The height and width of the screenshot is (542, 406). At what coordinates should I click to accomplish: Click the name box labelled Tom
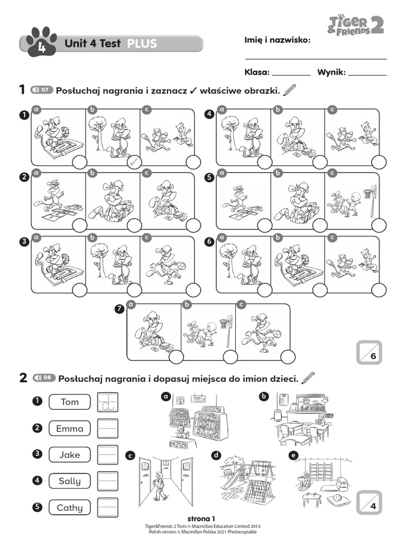69,402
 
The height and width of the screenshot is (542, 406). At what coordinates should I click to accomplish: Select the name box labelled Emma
69,429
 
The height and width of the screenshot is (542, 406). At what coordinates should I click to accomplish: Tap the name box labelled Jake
69,455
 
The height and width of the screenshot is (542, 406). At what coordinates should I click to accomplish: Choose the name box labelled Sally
69,481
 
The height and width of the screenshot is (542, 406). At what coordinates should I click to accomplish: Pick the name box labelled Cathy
69,508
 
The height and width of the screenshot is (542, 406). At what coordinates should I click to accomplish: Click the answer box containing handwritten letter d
108,402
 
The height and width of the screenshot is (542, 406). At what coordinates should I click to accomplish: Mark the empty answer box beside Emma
108,429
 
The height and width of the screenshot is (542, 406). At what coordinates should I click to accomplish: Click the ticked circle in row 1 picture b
134,162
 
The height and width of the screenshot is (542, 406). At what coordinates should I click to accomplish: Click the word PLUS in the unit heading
142,44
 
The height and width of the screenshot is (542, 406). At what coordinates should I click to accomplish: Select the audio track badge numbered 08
43,378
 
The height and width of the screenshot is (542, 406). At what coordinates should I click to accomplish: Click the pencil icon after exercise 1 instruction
290,91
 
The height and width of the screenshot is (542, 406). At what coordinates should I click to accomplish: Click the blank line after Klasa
291,74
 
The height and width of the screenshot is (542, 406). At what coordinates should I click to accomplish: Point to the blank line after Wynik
367,74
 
